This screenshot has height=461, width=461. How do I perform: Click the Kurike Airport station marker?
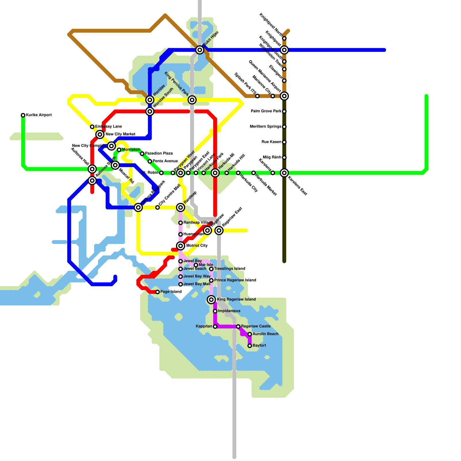23,115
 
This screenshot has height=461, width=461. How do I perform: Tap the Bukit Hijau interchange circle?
200,50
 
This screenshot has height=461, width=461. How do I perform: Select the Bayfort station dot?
250,346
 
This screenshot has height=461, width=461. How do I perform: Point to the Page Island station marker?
157,292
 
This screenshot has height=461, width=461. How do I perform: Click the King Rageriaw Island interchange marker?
211,300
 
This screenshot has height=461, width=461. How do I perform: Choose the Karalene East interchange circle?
284,173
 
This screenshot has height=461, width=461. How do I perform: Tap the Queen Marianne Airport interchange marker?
284,96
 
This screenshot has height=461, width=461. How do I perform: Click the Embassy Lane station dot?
92,127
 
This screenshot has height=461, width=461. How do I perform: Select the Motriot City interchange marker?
181,246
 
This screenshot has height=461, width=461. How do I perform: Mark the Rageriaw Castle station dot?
238,326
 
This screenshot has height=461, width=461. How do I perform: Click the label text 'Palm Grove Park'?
266,111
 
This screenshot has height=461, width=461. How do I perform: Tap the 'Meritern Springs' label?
265,127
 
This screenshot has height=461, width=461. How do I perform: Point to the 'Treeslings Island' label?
230,269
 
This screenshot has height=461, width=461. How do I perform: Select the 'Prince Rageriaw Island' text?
235,280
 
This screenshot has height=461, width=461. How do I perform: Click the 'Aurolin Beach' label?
265,334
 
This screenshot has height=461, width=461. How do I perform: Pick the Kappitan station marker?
215,326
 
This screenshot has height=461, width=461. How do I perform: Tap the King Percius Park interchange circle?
192,100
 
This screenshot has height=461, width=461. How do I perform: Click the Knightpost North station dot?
284,38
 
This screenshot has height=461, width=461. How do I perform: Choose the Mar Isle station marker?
196,265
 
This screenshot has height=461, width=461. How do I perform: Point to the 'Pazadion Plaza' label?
159,154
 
